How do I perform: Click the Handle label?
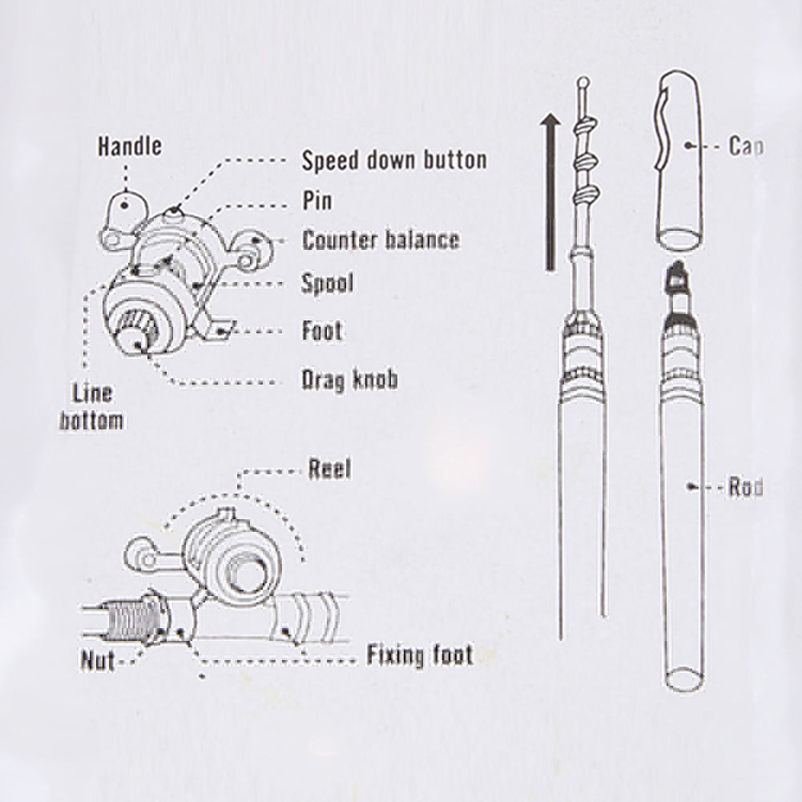click(129, 147)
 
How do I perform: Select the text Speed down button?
click(393, 159)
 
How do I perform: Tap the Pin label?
click(316, 199)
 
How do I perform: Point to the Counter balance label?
click(381, 240)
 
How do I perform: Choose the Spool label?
click(327, 283)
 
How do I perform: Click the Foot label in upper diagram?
click(321, 330)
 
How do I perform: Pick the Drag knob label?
click(349, 378)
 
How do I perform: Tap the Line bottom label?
click(92, 407)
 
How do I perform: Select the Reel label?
click(329, 470)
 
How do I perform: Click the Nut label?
click(97, 662)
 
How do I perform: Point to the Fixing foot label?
click(419, 656)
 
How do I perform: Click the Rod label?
click(744, 487)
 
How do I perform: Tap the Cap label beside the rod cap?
click(744, 147)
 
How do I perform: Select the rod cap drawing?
click(682, 160)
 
